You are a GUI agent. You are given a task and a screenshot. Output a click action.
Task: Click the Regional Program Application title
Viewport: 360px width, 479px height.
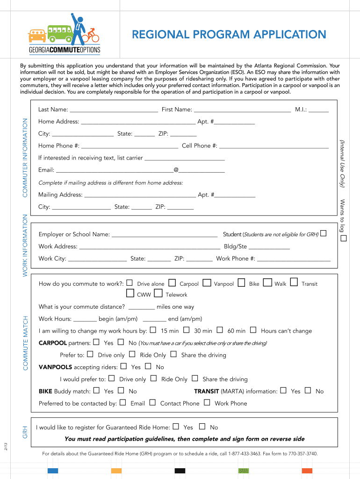click(x=229, y=35)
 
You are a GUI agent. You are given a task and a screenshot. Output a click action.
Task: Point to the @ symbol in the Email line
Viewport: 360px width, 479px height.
click(x=176, y=170)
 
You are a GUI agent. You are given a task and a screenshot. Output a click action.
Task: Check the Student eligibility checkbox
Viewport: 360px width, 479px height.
click(x=324, y=233)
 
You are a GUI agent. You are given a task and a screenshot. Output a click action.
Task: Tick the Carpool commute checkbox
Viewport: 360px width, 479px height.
click(x=172, y=283)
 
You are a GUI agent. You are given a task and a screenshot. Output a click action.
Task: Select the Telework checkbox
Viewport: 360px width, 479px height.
click(x=158, y=294)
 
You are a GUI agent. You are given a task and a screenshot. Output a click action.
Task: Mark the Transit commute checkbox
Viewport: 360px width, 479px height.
click(x=294, y=282)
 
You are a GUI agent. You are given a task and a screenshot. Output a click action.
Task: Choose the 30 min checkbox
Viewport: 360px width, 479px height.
click(x=186, y=330)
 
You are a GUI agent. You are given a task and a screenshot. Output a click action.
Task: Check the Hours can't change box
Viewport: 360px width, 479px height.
click(x=253, y=330)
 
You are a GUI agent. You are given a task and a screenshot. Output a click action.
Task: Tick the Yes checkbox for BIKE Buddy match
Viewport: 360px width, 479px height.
click(x=96, y=390)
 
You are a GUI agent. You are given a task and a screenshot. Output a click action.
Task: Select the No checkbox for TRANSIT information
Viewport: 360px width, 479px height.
click(x=308, y=390)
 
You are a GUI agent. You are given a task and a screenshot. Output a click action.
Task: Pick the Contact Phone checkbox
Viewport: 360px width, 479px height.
click(x=152, y=402)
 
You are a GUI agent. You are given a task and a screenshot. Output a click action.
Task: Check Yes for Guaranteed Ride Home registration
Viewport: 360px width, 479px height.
click(x=176, y=426)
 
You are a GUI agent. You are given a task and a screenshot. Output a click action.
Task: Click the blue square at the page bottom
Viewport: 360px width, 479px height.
click(x=53, y=471)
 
